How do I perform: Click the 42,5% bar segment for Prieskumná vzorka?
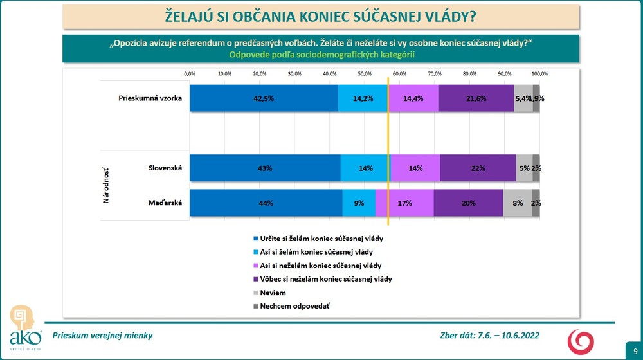264,98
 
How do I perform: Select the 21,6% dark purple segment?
476,98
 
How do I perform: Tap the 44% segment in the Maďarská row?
266,203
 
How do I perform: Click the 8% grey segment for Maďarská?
518,203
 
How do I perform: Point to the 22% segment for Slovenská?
478,168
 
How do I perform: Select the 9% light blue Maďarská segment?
359,203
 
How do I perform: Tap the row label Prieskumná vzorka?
150,98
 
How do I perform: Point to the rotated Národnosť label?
106,186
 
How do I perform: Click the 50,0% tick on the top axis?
364,74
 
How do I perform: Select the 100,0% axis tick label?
539,74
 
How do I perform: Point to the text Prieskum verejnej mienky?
102,336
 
